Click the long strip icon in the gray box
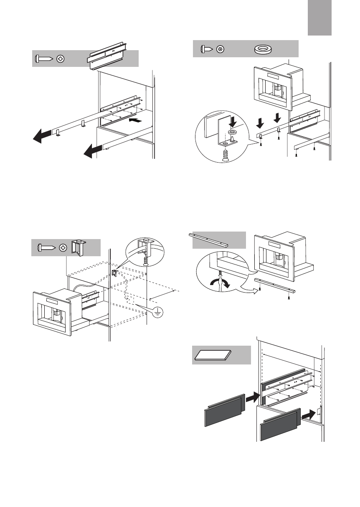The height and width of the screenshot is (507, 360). [x=209, y=239]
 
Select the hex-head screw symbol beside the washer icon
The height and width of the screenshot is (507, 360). [x=221, y=49]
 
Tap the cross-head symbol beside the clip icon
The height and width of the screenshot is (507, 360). [x=63, y=247]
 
